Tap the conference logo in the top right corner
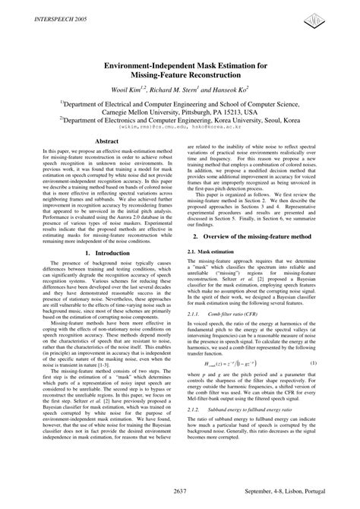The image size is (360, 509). coord(336,17)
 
